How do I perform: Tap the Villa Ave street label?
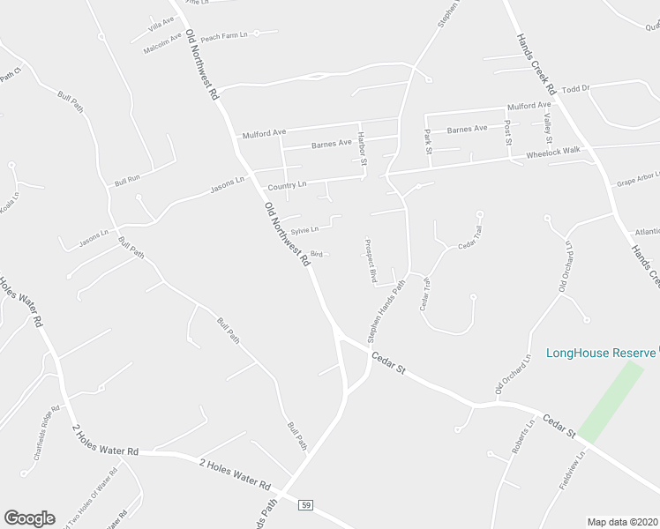pyautogui.click(x=162, y=21)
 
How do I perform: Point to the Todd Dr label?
pyautogui.click(x=574, y=88)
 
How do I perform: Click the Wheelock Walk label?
pyautogui.click(x=553, y=151)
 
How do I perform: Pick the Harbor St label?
pyautogui.click(x=361, y=145)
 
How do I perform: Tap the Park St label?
pyautogui.click(x=428, y=141)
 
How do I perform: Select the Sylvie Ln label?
pyautogui.click(x=304, y=229)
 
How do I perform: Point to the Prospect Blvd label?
pyautogui.click(x=371, y=260)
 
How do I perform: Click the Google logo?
pyautogui.click(x=29, y=518)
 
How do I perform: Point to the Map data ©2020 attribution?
pyautogui.click(x=622, y=522)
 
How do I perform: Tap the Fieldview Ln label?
pyautogui.click(x=571, y=473)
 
